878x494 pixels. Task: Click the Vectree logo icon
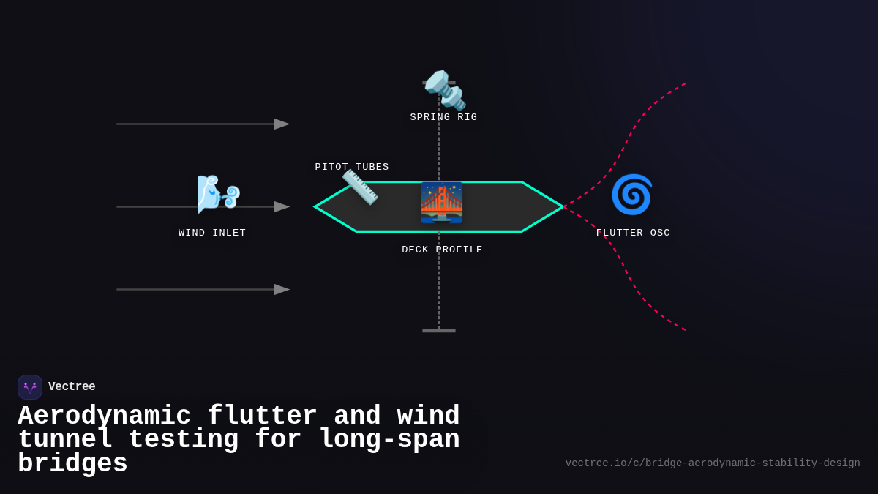[x=30, y=387]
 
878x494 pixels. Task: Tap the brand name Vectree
[x=72, y=387]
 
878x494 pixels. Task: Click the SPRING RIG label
[x=443, y=117]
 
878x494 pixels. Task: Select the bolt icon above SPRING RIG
[x=445, y=90]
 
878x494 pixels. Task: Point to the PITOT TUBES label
[x=352, y=167]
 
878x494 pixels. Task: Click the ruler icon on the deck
[x=360, y=187]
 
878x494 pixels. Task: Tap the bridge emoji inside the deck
[x=441, y=203]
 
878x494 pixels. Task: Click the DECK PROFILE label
[x=442, y=250]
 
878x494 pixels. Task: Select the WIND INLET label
[x=212, y=233]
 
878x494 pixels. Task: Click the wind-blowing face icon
[x=218, y=194]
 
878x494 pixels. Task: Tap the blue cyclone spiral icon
[x=631, y=195]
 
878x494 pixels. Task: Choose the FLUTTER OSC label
[x=633, y=233]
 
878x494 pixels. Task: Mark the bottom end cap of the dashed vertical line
[x=439, y=331]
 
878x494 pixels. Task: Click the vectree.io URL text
[x=712, y=463]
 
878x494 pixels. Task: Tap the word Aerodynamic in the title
[x=104, y=416]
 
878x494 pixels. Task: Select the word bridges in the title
[x=72, y=464]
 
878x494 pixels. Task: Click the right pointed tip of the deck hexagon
[x=561, y=207]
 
